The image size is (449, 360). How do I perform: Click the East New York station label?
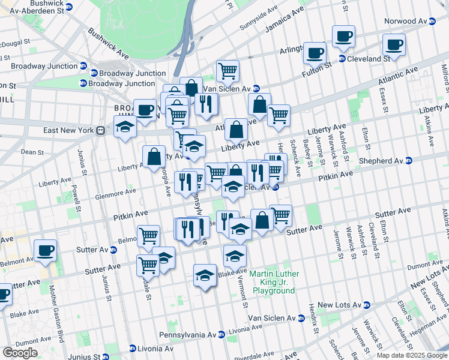click(x=70, y=130)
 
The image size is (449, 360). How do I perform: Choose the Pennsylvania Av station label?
click(x=192, y=334)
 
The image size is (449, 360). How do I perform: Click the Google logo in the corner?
click(x=19, y=352)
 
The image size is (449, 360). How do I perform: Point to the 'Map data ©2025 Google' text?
click(x=412, y=355)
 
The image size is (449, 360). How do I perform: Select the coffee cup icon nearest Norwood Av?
click(x=394, y=44)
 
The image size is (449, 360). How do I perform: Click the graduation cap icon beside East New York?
click(x=125, y=127)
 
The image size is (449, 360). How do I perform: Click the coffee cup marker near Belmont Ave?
click(x=45, y=250)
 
